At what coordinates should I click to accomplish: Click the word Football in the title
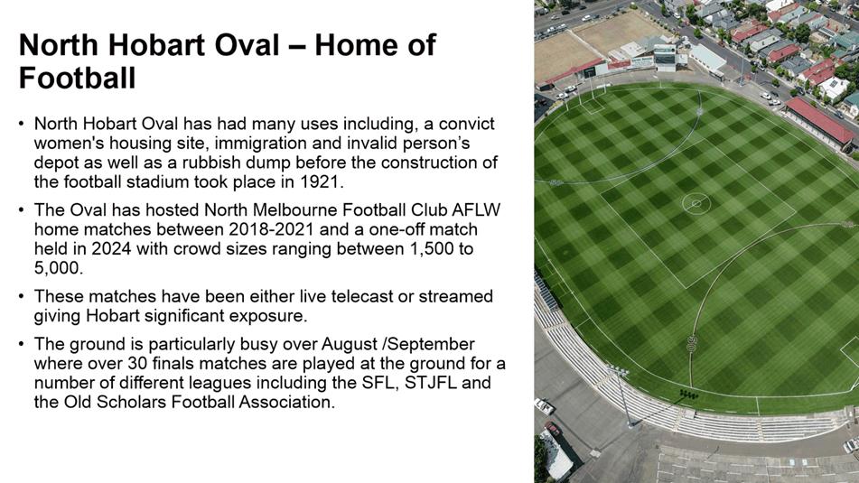(78, 78)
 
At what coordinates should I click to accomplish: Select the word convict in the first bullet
(467, 124)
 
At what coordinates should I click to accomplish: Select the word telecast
(362, 296)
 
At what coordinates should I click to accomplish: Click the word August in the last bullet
(349, 345)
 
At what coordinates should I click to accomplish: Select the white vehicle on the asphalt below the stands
(544, 406)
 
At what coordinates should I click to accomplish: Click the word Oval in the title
(248, 44)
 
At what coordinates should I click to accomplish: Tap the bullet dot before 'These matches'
(22, 296)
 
